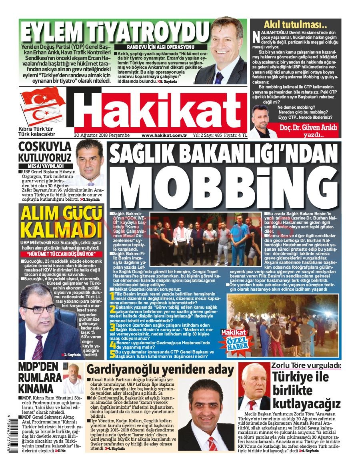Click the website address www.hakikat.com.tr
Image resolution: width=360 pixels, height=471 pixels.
point(164,135)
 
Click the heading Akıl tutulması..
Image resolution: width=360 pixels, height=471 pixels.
point(292,24)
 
